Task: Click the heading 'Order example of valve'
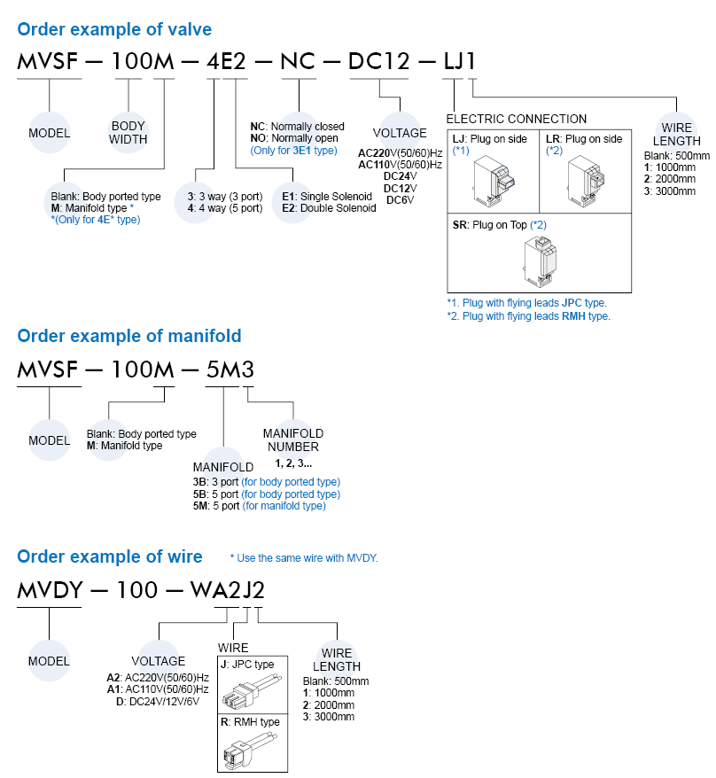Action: click(114, 29)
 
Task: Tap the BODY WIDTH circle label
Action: click(128, 132)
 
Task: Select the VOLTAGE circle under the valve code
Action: click(399, 133)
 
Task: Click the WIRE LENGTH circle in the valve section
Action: click(676, 134)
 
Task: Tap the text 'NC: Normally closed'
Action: click(298, 127)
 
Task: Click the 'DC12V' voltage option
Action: click(400, 188)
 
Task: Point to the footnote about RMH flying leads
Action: click(528, 315)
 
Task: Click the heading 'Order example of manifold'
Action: click(129, 336)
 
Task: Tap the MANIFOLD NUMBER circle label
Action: click(293, 440)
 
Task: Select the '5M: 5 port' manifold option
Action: click(259, 506)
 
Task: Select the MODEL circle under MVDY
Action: click(49, 661)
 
